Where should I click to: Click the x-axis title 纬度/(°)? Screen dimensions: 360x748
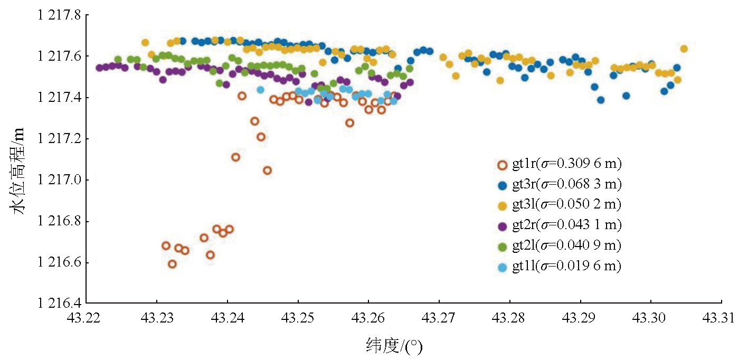pyautogui.click(x=395, y=346)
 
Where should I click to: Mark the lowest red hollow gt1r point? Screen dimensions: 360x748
pyautogui.click(x=172, y=264)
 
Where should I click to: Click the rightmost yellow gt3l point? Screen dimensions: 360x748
pyautogui.click(x=684, y=49)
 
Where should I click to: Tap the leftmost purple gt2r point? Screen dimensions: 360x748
pyautogui.click(x=99, y=68)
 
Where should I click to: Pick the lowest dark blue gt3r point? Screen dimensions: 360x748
pyautogui.click(x=601, y=100)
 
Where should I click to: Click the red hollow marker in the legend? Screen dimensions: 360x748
pyautogui.click(x=503, y=164)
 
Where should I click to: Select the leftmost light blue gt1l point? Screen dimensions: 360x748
pyautogui.click(x=260, y=90)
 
